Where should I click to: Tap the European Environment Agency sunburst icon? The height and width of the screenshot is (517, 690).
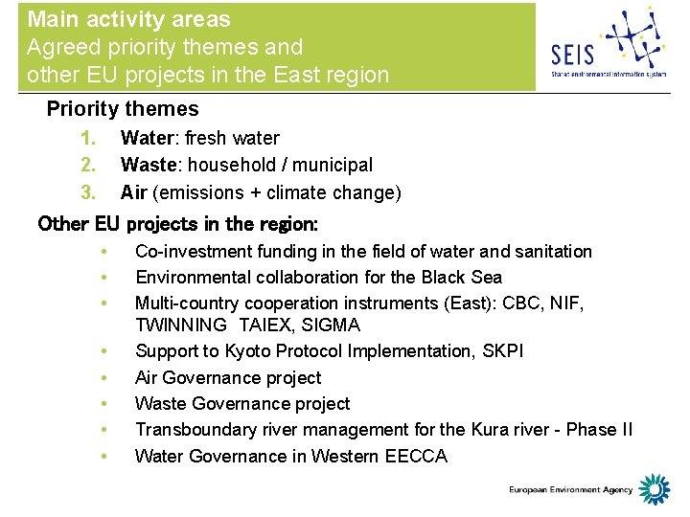pyautogui.click(x=655, y=489)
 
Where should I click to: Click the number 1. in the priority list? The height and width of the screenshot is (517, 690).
pyautogui.click(x=89, y=139)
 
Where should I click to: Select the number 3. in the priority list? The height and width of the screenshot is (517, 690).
pyautogui.click(x=89, y=193)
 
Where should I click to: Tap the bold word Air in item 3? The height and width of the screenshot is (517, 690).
pyautogui.click(x=133, y=193)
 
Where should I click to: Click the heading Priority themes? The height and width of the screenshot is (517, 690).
pyautogui.click(x=123, y=109)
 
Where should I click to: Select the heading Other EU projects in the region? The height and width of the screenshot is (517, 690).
pyautogui.click(x=178, y=224)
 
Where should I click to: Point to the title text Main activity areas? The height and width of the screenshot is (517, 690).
pyautogui.click(x=128, y=19)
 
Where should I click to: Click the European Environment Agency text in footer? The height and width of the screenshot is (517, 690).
pyautogui.click(x=570, y=490)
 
